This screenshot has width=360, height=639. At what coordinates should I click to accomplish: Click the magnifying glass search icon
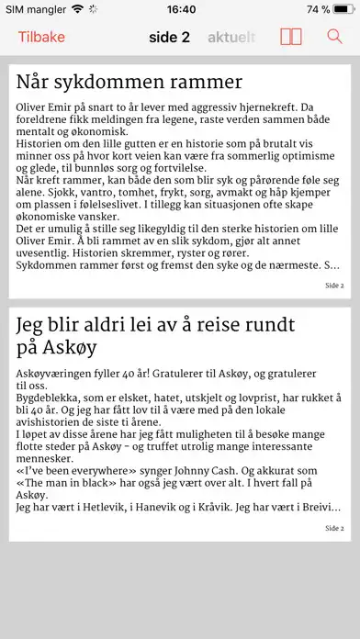click(x=334, y=37)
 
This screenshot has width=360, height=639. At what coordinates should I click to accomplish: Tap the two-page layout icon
click(x=291, y=37)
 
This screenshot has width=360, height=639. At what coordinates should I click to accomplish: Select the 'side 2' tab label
click(x=169, y=37)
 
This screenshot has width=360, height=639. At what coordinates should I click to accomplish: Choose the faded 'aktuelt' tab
click(x=233, y=37)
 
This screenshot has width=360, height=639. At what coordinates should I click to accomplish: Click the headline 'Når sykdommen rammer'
click(x=129, y=81)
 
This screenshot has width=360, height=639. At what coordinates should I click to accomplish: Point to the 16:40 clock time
click(x=182, y=9)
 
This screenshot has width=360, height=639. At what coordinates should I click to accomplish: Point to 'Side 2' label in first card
click(x=334, y=286)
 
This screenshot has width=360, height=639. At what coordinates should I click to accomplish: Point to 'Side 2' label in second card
click(x=334, y=528)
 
